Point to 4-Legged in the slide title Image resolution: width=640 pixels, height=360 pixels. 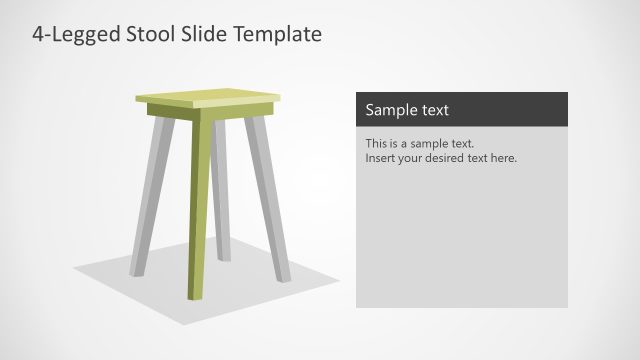74,34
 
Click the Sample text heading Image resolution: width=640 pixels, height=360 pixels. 407,110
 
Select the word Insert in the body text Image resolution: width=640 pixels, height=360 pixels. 381,158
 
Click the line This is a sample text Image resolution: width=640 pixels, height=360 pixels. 419,143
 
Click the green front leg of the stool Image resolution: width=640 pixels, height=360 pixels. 201,210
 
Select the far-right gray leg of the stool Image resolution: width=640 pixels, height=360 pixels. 268,200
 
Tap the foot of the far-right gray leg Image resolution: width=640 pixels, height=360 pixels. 285,277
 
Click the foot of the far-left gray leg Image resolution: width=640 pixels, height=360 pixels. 136,272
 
